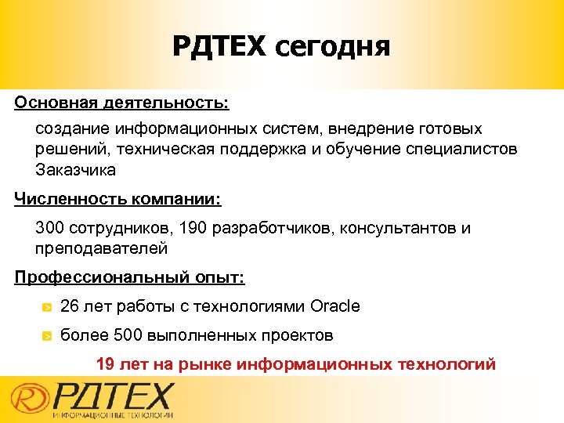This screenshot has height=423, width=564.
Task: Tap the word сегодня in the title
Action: pos(331,49)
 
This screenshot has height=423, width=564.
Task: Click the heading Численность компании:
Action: pos(117,199)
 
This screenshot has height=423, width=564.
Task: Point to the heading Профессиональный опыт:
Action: pos(129,277)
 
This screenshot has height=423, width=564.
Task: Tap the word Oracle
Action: pos(335,306)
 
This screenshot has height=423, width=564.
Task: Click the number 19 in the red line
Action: pos(105,364)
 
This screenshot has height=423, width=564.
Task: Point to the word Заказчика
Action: pos(75,169)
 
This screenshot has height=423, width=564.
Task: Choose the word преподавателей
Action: pos(101,249)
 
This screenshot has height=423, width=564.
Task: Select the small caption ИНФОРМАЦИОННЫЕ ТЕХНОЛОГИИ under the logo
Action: pos(113,414)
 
